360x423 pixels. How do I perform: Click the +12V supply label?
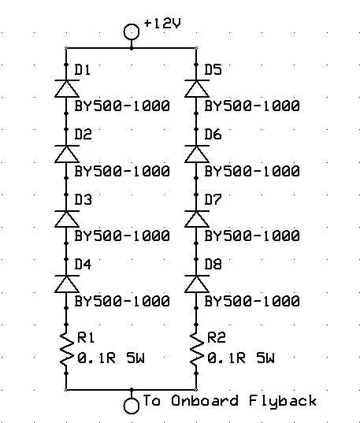(162, 24)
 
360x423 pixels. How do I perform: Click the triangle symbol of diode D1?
(67, 88)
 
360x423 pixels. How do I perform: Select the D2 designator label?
(84, 134)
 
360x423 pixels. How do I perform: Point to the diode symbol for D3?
(67, 218)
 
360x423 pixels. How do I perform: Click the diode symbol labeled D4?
(67, 284)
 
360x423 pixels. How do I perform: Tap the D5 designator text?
(213, 69)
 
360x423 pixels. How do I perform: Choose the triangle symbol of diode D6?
(197, 154)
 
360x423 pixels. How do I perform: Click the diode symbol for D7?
(197, 218)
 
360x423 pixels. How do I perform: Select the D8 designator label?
(213, 264)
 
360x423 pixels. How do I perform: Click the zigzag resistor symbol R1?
(67, 349)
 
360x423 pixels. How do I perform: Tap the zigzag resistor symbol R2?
(197, 349)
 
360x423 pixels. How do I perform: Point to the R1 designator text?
(86, 337)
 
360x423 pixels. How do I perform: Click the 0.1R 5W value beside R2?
(241, 358)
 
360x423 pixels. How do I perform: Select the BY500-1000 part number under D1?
(122, 106)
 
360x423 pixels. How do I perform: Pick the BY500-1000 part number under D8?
(252, 301)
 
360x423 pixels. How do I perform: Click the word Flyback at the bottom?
(282, 401)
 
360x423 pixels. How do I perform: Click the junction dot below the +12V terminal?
(132, 48)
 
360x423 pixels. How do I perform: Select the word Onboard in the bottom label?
(205, 401)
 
